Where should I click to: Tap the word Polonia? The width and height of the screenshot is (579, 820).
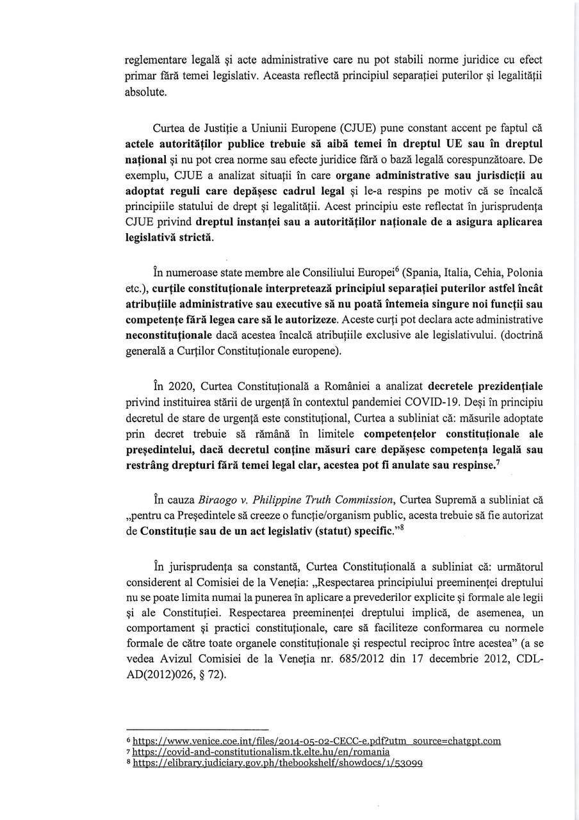pos(524,272)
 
